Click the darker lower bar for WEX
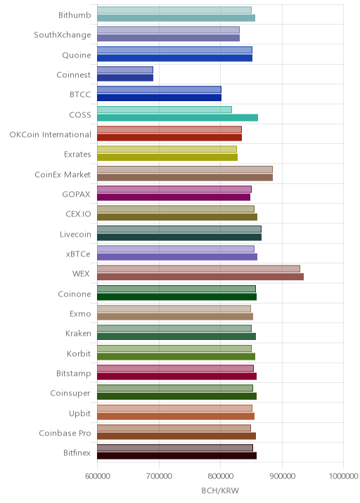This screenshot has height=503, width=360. coord(200,277)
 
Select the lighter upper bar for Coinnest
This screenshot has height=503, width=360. coord(125,70)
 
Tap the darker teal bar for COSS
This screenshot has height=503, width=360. coord(178,117)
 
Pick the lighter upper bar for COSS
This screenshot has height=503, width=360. coord(165,110)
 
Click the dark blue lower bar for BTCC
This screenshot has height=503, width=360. coord(160,98)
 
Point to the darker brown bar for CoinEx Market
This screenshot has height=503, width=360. coord(185,177)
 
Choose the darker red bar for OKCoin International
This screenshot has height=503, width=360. coord(169,137)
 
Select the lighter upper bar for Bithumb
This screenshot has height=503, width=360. coord(174,10)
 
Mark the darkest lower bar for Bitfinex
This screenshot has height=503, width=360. coord(177,455)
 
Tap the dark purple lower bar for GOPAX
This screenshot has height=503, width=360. coord(174,197)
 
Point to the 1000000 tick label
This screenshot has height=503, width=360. coord(343,476)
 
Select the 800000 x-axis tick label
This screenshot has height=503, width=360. coord(220,476)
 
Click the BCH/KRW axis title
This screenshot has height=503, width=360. coord(220,490)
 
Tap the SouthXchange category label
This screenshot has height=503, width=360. coord(63,34)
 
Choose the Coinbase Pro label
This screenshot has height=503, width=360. coord(65,433)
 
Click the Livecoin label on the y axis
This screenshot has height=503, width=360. coord(75,234)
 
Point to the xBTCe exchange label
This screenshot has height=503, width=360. coord(78,254)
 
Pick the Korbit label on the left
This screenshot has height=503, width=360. coord(79,353)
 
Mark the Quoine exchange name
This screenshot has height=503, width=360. coord(77,55)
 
